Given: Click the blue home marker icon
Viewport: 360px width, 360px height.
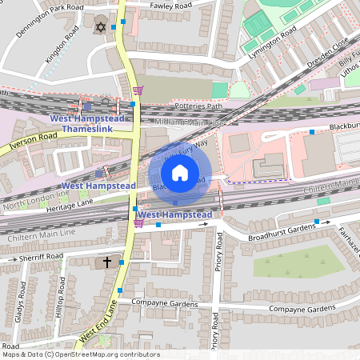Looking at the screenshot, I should [x=180, y=172].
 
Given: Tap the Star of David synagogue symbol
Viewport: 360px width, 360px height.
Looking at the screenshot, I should [x=101, y=27].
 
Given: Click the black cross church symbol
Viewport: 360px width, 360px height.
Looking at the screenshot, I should [x=107, y=262].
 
